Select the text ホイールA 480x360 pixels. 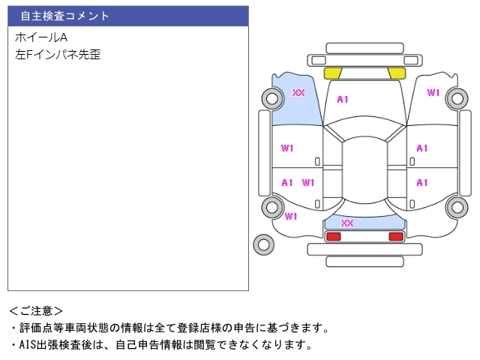click(41, 37)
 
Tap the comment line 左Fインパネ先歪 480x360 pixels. click(57, 54)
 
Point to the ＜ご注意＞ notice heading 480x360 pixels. click(36, 310)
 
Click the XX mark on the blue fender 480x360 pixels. click(298, 93)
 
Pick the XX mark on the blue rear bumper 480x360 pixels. click(347, 223)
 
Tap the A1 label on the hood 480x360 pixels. click(343, 99)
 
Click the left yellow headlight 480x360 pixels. click(332, 73)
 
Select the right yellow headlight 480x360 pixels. click(397, 73)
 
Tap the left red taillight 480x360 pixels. click(333, 236)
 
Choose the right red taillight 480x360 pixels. click(396, 236)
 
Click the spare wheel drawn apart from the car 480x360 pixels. click(263, 244)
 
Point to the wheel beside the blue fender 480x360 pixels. click(271, 97)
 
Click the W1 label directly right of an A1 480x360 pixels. click(308, 182)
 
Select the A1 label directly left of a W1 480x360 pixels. click(287, 182)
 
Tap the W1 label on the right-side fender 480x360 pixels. click(433, 93)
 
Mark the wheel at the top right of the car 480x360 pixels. click(457, 97)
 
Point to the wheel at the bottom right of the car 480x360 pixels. click(457, 208)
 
